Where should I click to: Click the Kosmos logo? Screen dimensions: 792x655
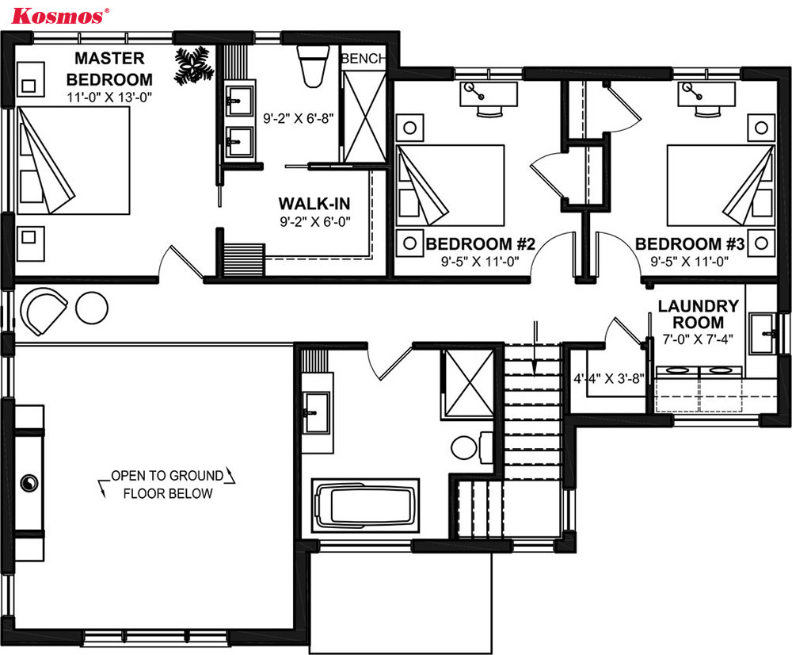point(59,16)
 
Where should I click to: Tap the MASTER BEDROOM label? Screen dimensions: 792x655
point(109,69)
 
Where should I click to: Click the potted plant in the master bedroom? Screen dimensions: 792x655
point(193,65)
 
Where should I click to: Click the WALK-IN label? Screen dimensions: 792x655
point(314,203)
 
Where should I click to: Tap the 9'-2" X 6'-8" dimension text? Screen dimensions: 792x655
point(299,118)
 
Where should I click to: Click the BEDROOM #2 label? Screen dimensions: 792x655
point(481,243)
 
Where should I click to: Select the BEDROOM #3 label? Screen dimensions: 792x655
point(690,243)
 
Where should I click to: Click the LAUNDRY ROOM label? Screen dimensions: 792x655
point(698,314)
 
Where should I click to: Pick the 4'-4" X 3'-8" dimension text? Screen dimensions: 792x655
point(609,378)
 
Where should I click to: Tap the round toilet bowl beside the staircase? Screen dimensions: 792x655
point(463,447)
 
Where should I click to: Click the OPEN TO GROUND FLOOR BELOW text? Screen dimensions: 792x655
point(167,484)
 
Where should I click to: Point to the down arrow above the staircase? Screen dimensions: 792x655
point(535,348)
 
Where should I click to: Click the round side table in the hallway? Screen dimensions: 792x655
point(92,308)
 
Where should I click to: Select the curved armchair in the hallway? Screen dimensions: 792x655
point(43,311)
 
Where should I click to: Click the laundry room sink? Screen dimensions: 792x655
point(762,333)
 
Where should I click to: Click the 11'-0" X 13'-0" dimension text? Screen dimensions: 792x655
point(109,97)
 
